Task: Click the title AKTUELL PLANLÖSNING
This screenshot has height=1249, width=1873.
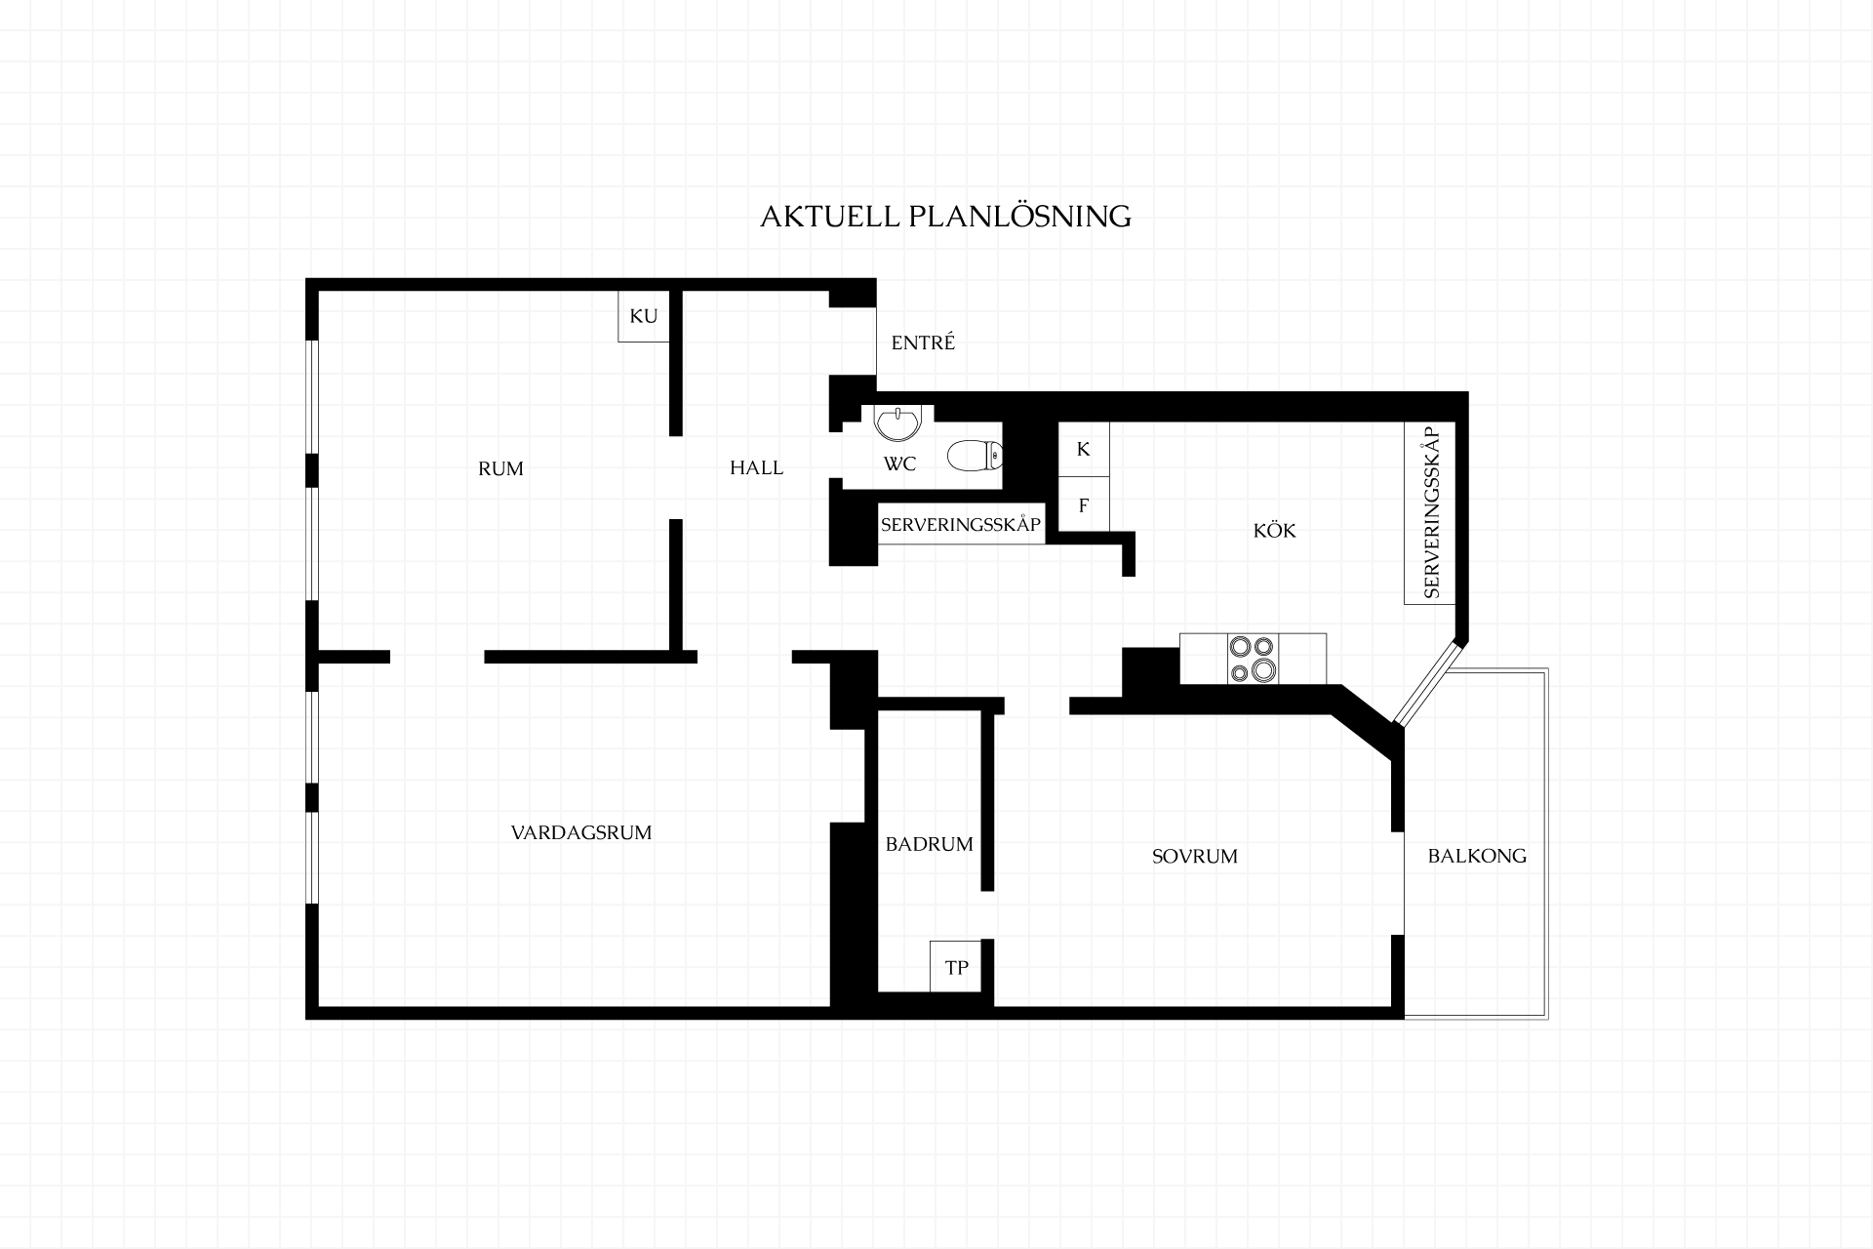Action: pyautogui.click(x=945, y=216)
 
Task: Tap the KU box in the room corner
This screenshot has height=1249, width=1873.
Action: pyautogui.click(x=644, y=316)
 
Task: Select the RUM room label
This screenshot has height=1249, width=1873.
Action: pyautogui.click(x=500, y=468)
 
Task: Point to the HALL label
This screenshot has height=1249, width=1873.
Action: pyautogui.click(x=756, y=467)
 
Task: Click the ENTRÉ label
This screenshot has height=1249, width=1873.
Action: pyautogui.click(x=923, y=342)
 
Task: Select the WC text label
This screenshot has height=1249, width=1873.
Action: pyautogui.click(x=899, y=464)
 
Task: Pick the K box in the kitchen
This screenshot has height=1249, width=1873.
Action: pyautogui.click(x=1084, y=449)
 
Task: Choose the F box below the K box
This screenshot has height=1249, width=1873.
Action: pyautogui.click(x=1084, y=504)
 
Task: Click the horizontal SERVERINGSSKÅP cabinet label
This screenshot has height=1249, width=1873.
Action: pyautogui.click(x=961, y=525)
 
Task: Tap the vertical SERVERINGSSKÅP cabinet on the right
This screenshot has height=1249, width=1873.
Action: pyautogui.click(x=1430, y=512)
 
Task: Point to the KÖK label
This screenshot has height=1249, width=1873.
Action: pyautogui.click(x=1274, y=531)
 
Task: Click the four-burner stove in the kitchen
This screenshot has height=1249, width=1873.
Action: pyautogui.click(x=1253, y=659)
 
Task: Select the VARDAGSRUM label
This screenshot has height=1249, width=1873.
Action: pyautogui.click(x=581, y=832)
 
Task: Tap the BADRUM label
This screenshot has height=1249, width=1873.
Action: pyautogui.click(x=929, y=844)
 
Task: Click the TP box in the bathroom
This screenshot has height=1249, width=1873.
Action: pyautogui.click(x=956, y=967)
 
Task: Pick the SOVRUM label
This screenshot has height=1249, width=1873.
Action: pyautogui.click(x=1194, y=856)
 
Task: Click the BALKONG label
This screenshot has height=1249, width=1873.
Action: pyautogui.click(x=1477, y=856)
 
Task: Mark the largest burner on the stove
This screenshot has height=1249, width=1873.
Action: pyautogui.click(x=1263, y=670)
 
